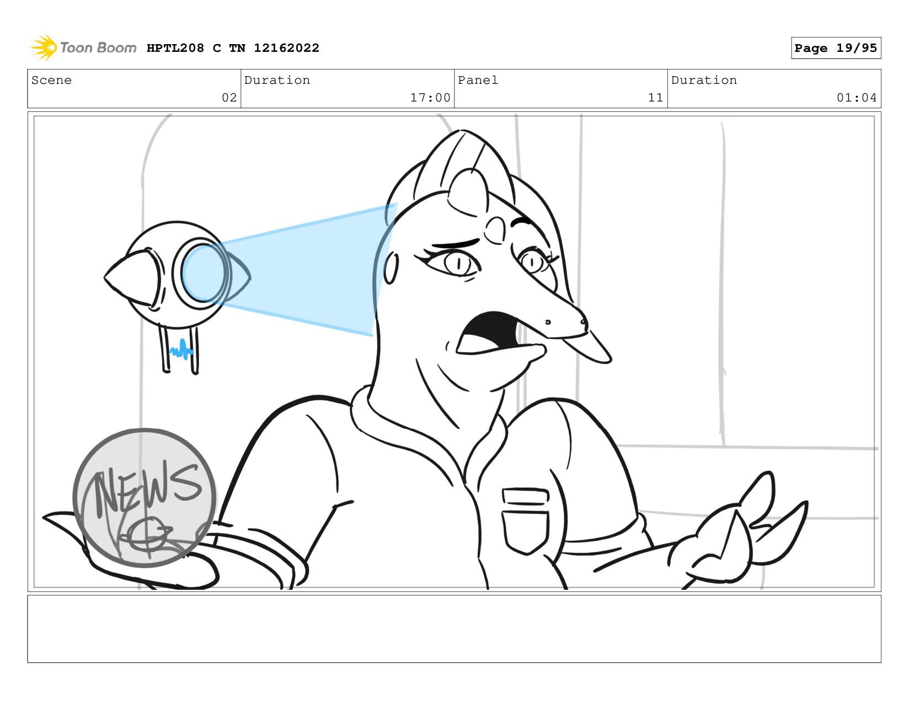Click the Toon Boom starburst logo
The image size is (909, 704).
[44, 47]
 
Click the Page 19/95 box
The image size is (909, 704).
[836, 48]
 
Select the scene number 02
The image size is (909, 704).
[229, 98]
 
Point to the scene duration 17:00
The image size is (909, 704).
[430, 98]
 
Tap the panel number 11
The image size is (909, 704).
[655, 98]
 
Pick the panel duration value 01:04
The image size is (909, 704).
[856, 98]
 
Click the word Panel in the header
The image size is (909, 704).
[478, 80]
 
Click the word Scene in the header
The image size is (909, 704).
[51, 80]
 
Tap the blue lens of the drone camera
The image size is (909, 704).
[204, 273]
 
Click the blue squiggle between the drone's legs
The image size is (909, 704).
[181, 349]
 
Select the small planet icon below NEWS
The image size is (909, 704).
[147, 535]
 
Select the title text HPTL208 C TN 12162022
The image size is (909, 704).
[233, 48]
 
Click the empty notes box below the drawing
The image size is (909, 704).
[454, 629]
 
